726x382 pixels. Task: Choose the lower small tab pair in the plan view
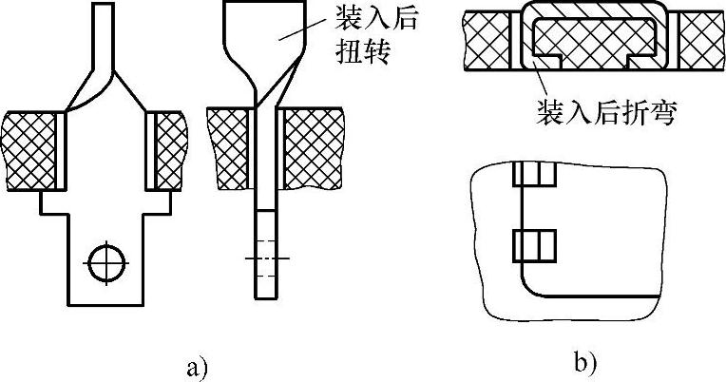tap(532, 246)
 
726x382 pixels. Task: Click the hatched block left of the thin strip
tap(229, 147)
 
